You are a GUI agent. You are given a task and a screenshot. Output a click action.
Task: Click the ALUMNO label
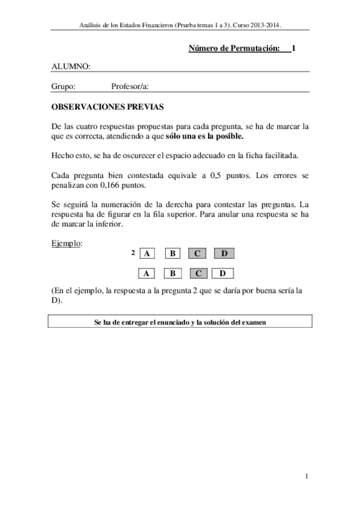point(71,66)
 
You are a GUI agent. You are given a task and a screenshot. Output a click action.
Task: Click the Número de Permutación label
point(234,48)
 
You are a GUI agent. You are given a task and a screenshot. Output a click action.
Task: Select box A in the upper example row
point(147,254)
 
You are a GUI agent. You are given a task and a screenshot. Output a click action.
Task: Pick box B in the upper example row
point(172,254)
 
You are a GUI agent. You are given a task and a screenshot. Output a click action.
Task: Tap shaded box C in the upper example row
point(198,254)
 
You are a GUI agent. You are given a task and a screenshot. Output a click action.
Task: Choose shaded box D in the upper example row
point(224,254)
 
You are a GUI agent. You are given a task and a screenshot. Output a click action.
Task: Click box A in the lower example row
point(147,274)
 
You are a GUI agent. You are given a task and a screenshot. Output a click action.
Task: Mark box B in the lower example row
point(172,274)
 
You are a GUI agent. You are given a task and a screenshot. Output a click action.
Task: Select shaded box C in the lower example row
point(198,274)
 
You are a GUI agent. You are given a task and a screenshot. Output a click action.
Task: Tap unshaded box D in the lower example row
point(223,274)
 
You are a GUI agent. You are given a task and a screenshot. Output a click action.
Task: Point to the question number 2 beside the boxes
point(132,252)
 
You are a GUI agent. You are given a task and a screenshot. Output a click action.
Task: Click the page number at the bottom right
point(307,477)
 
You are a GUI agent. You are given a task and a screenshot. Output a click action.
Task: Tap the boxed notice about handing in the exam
point(180,322)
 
